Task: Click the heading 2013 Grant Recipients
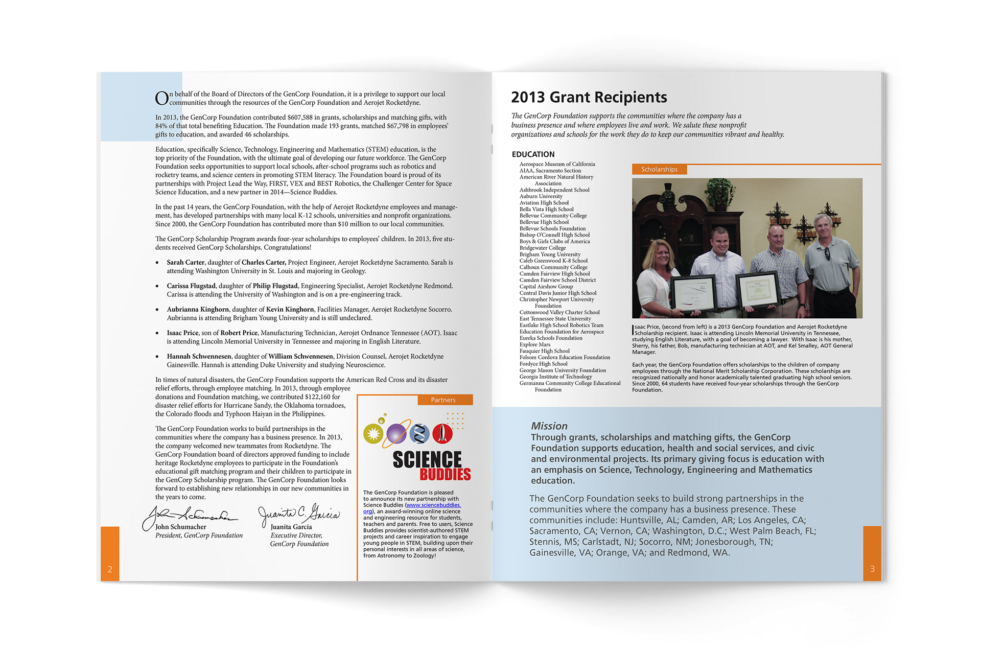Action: [x=589, y=97]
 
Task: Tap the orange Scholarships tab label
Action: [x=659, y=169]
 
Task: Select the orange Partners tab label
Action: [x=443, y=400]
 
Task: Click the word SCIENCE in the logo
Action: [x=427, y=459]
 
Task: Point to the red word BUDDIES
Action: [x=445, y=475]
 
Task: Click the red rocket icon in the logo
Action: [x=442, y=433]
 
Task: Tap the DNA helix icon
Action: [x=419, y=434]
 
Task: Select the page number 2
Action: [x=110, y=569]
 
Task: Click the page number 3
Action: [x=872, y=569]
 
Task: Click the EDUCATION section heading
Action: [x=533, y=154]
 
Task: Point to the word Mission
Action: [x=549, y=426]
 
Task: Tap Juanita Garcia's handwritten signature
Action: [x=299, y=513]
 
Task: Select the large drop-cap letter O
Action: [x=161, y=98]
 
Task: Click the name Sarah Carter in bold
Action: [x=185, y=263]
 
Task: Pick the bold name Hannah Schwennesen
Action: [x=199, y=357]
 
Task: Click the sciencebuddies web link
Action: [x=433, y=505]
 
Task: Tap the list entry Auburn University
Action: [x=541, y=196]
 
